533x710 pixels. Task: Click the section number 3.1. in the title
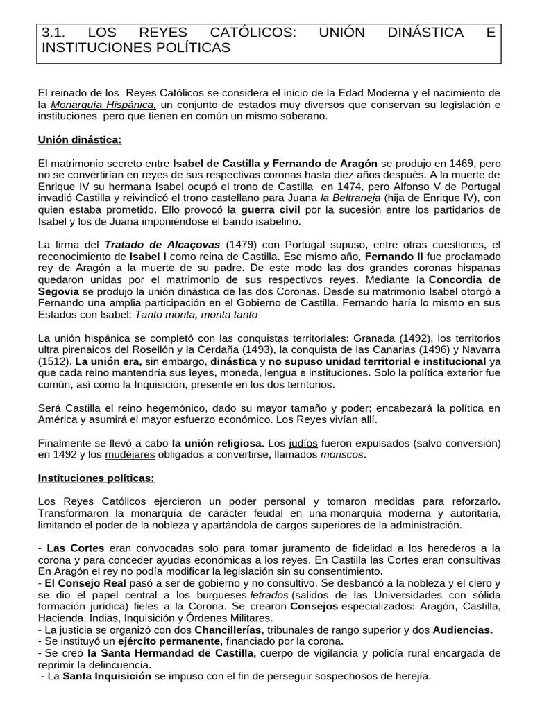pyautogui.click(x=53, y=33)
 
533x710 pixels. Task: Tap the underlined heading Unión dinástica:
pyautogui.click(x=79, y=140)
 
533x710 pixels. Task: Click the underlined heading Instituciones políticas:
pyautogui.click(x=96, y=478)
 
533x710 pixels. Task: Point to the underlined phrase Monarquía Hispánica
pyautogui.click(x=103, y=105)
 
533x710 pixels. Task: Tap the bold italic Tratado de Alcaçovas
pyautogui.click(x=162, y=245)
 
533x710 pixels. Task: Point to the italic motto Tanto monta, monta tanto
pyautogui.click(x=196, y=315)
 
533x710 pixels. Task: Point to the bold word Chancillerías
pyautogui.click(x=219, y=631)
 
